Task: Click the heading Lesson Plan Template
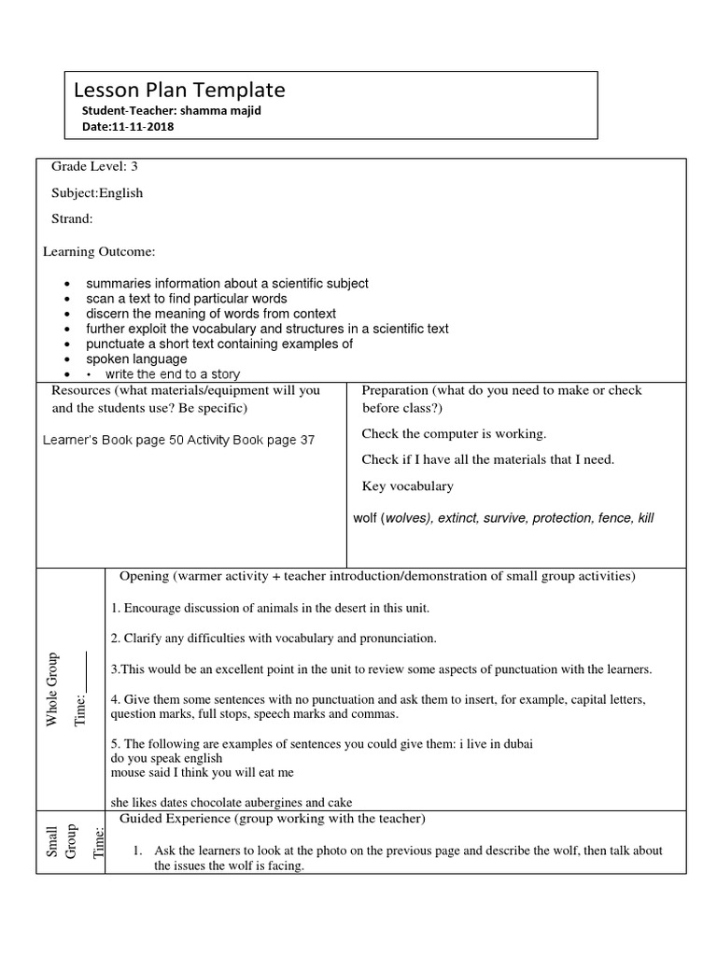pyautogui.click(x=179, y=91)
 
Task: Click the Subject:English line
pyautogui.click(x=97, y=193)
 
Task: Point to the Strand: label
pyautogui.click(x=72, y=219)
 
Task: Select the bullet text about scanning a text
pyautogui.click(x=187, y=299)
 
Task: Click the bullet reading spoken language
pyautogui.click(x=136, y=358)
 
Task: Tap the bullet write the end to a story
pyautogui.click(x=172, y=374)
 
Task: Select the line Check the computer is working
pyautogui.click(x=454, y=433)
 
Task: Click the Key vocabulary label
pyautogui.click(x=407, y=485)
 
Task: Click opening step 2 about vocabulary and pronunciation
pyautogui.click(x=273, y=639)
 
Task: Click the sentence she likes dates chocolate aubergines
pyautogui.click(x=232, y=802)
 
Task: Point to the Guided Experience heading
pyautogui.click(x=273, y=820)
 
